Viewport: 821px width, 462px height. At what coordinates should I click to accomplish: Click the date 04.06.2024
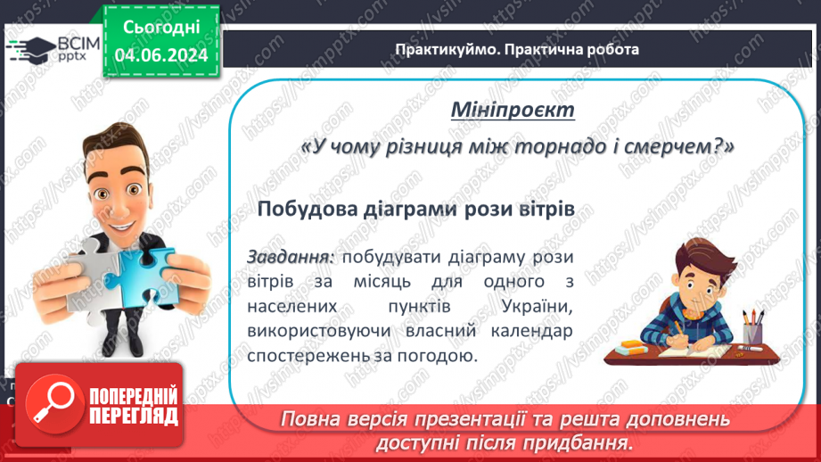click(160, 54)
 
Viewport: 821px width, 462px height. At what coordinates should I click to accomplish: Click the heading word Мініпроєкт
click(513, 111)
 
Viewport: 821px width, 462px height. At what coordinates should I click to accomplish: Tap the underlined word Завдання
click(291, 257)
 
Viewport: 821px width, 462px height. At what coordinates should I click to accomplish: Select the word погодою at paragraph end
click(434, 354)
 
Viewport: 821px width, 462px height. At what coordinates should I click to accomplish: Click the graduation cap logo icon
click(29, 46)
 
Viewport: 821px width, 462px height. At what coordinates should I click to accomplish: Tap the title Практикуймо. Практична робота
click(517, 49)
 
